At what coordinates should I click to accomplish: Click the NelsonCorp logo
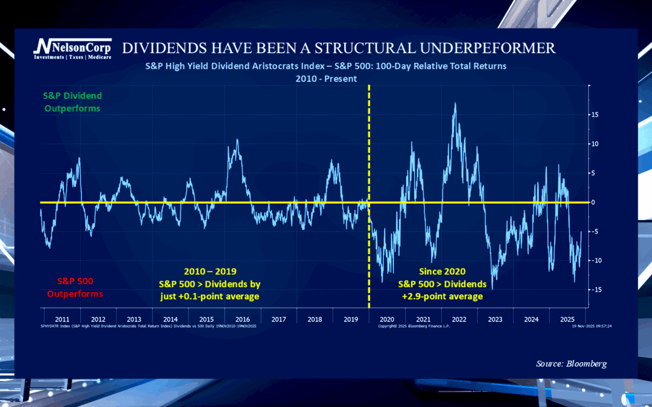[72, 48]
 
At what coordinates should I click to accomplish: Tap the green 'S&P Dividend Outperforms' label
[72, 102]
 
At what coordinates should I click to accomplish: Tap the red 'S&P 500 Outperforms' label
[80, 287]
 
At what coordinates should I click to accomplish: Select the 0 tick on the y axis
[594, 203]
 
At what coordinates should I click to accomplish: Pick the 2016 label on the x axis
[242, 319]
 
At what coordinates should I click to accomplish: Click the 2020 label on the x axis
[386, 319]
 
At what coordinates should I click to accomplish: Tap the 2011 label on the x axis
[62, 319]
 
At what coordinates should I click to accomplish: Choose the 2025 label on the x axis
[567, 319]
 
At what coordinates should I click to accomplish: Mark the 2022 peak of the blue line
[455, 104]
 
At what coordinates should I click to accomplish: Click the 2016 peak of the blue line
[237, 140]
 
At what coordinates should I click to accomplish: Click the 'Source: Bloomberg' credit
[571, 364]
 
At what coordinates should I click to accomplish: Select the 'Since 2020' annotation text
[441, 271]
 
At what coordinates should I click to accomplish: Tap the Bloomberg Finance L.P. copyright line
[414, 326]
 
